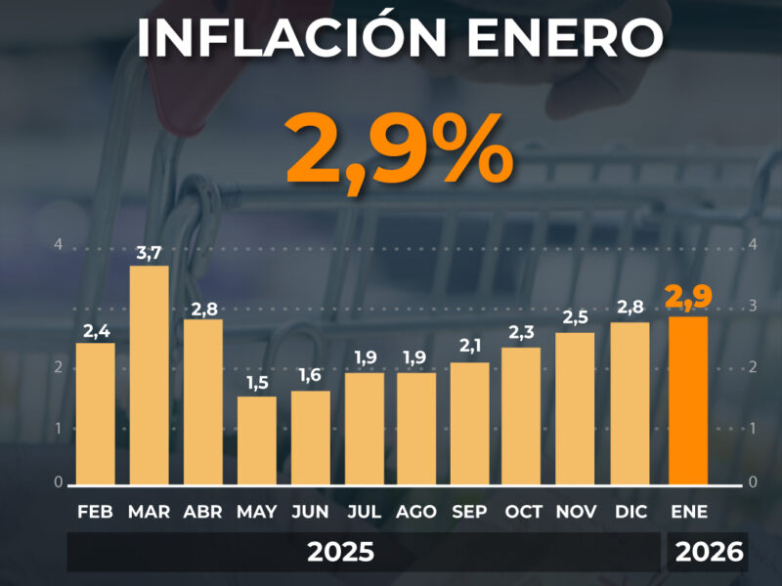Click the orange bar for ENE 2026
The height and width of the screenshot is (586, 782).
click(x=688, y=400)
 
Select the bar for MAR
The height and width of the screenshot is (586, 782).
click(x=150, y=375)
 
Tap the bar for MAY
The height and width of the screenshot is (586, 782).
click(x=256, y=440)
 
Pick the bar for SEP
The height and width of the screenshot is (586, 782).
click(x=470, y=423)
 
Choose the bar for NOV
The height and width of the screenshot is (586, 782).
click(x=575, y=408)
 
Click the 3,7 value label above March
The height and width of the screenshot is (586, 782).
click(x=150, y=253)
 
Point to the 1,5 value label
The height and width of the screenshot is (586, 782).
click(x=257, y=383)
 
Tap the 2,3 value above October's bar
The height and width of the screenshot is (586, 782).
click(x=521, y=332)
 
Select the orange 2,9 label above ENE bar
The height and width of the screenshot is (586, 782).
click(x=688, y=298)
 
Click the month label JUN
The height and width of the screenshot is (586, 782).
click(x=310, y=512)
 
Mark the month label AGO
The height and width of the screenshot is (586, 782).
click(x=416, y=512)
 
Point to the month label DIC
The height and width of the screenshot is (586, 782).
click(x=630, y=512)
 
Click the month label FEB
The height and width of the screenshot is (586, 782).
click(x=95, y=512)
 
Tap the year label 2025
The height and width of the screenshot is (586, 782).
click(x=340, y=552)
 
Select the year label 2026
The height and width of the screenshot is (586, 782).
click(x=710, y=552)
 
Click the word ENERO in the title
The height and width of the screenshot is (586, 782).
click(x=566, y=38)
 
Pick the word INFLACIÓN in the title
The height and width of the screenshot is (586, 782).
click(x=291, y=36)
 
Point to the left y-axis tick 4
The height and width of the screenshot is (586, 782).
click(x=59, y=245)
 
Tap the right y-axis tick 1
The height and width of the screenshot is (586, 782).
click(x=753, y=429)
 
